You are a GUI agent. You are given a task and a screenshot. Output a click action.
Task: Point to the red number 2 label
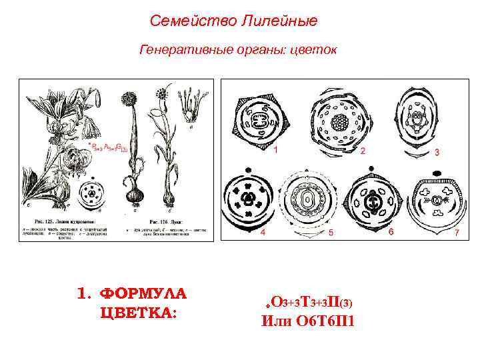click(x=363, y=151)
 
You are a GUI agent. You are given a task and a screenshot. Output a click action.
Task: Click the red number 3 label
click(x=437, y=153)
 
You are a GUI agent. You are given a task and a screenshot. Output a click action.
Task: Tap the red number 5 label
click(x=331, y=233)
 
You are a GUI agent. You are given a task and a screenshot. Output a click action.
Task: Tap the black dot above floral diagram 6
click(x=375, y=172)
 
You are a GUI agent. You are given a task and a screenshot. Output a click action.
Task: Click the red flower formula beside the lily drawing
click(x=104, y=147)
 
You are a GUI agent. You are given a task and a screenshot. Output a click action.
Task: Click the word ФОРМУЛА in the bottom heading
click(x=142, y=294)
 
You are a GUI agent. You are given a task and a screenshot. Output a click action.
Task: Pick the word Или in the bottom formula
click(x=275, y=321)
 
